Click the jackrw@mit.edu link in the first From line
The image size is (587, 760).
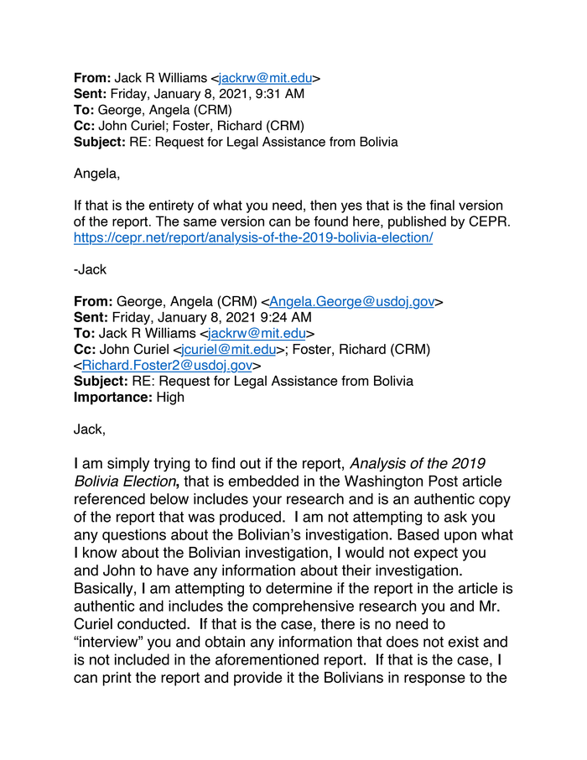point(264,78)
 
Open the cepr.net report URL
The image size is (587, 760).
point(253,237)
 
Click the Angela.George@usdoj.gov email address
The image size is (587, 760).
point(351,302)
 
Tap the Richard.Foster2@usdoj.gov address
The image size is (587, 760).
point(167,366)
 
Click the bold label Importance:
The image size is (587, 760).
point(113,398)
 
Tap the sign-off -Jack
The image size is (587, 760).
point(91,269)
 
